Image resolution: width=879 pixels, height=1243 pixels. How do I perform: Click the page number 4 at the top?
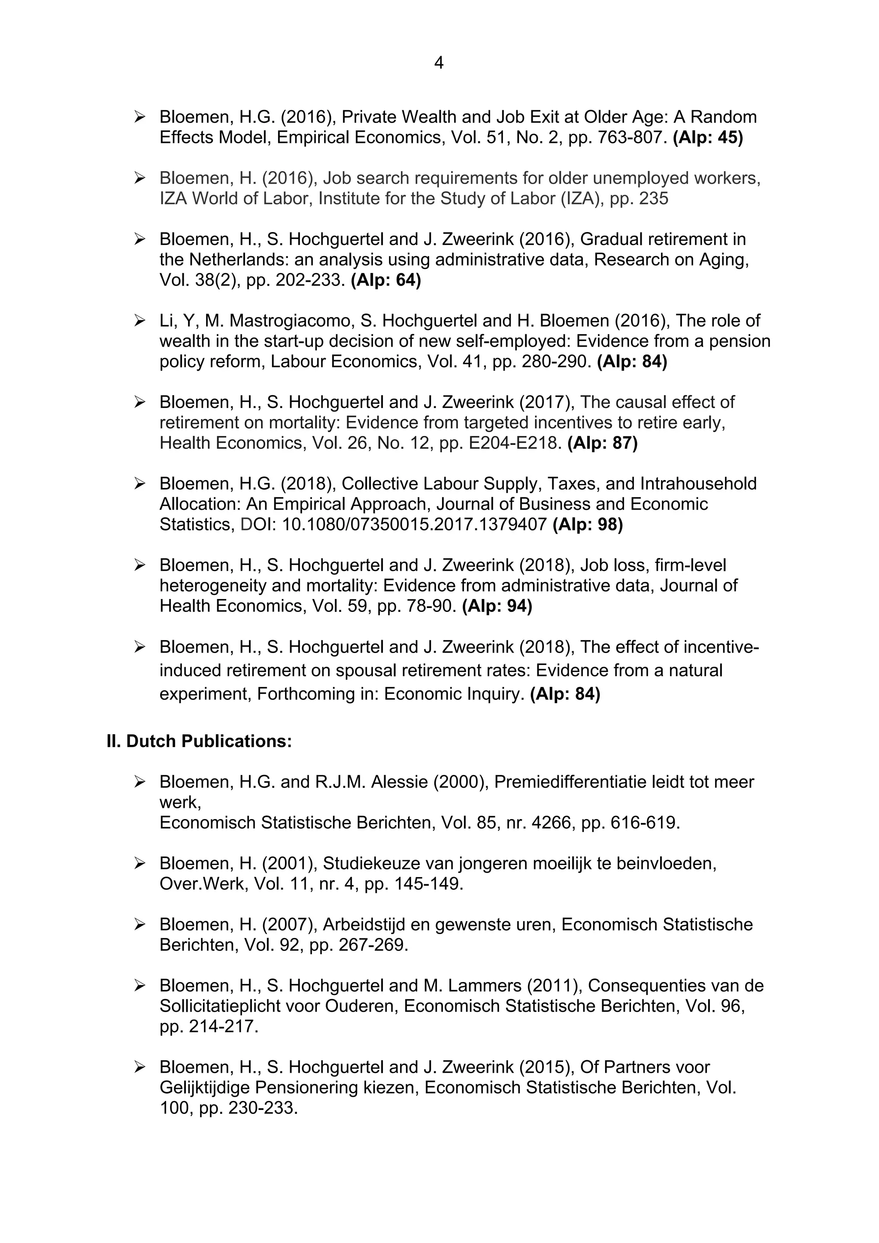(x=439, y=64)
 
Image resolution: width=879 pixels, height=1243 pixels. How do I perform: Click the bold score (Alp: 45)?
(x=707, y=137)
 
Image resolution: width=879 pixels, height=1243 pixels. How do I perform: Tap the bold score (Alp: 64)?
(x=385, y=281)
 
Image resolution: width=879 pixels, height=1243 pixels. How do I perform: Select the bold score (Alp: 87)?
(x=602, y=443)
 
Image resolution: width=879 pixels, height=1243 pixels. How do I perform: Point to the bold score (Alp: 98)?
(x=588, y=525)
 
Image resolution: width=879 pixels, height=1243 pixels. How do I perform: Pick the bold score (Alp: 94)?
(x=497, y=606)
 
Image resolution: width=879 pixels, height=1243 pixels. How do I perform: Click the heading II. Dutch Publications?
(x=199, y=741)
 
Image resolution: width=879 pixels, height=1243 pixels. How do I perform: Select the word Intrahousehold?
(x=698, y=484)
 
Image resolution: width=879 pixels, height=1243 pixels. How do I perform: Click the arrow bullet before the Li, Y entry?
(x=140, y=321)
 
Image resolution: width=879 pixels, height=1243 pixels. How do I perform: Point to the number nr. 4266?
(x=540, y=823)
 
